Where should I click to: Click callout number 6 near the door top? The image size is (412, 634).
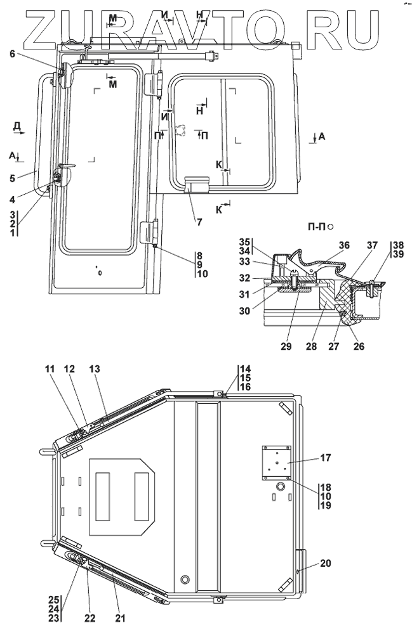click(13, 54)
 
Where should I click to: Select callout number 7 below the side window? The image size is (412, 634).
click(199, 222)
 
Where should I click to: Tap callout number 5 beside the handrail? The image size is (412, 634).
click(13, 178)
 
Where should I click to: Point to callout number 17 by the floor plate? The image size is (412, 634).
click(326, 458)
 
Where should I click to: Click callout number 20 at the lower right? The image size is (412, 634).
click(326, 563)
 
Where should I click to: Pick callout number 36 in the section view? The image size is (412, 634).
click(344, 245)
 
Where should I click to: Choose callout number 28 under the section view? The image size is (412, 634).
click(311, 346)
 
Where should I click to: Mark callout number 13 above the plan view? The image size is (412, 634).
click(95, 369)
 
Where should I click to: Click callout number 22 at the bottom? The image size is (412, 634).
click(90, 618)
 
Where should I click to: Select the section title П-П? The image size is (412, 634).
click(317, 227)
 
